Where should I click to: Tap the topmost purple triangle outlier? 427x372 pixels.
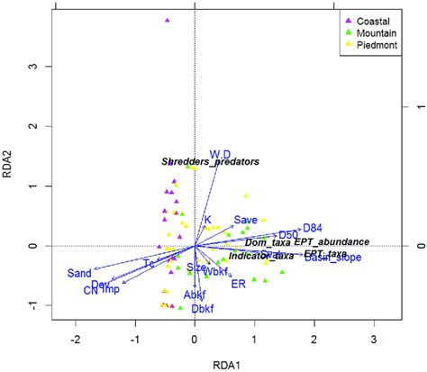[167, 20]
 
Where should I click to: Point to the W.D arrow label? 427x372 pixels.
[220, 154]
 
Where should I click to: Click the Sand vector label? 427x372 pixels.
[79, 273]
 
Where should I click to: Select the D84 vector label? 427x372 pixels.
[313, 228]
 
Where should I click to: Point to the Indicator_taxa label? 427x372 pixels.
[261, 256]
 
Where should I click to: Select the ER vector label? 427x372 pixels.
[239, 285]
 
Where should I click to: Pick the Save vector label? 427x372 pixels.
[246, 220]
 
